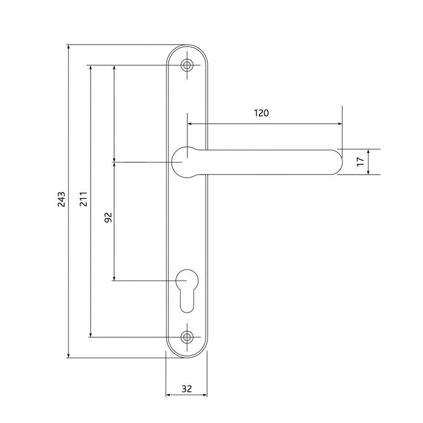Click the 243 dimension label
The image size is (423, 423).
[x=61, y=201]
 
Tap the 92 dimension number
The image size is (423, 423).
[x=108, y=218]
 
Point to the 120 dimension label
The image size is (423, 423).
[x=261, y=113]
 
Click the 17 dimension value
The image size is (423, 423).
[x=359, y=161]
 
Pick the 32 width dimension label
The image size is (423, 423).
[x=186, y=389]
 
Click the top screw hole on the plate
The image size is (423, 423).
[x=187, y=65]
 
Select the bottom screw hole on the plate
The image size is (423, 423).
[x=187, y=337]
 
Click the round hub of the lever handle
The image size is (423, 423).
[x=186, y=162]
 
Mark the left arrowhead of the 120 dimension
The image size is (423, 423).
[x=190, y=124]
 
